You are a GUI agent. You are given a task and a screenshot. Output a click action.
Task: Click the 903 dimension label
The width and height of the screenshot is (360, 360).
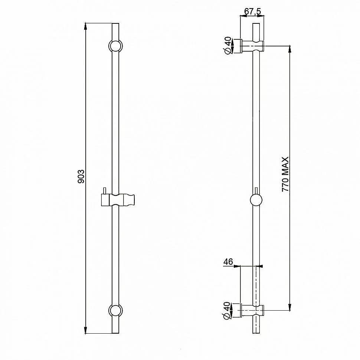point(81,176)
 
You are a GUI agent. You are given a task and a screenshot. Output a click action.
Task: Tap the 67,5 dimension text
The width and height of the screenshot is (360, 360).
point(252,11)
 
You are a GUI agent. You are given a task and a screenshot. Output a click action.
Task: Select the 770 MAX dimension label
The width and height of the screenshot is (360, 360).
point(285,174)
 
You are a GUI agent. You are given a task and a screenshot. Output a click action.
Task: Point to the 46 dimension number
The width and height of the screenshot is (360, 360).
point(228,262)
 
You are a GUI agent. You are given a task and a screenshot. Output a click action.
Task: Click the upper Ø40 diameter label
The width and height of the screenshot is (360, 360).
point(228,45)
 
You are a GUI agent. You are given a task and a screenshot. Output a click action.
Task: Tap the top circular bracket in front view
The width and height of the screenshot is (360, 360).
point(115,46)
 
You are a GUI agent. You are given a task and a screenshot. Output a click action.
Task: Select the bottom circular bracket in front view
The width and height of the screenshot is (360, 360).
point(115,310)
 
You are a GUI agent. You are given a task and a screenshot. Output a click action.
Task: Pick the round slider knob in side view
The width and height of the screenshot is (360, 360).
point(256,200)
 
